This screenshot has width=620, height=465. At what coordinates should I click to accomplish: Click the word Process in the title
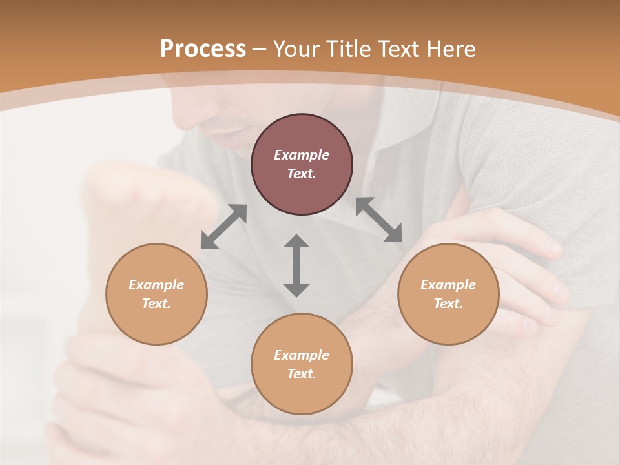(x=203, y=48)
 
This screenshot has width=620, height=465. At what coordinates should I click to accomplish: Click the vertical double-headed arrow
(x=296, y=265)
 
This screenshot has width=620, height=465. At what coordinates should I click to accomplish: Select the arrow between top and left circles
(x=224, y=227)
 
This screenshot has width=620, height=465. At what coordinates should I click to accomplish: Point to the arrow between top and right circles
(x=378, y=220)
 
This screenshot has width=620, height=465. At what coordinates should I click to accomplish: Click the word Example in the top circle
(x=302, y=155)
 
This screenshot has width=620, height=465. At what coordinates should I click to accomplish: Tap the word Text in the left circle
(x=156, y=304)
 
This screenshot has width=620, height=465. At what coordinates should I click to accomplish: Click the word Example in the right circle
(x=448, y=285)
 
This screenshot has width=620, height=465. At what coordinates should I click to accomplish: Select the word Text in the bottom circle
(x=302, y=374)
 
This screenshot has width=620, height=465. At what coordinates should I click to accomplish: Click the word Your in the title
(x=298, y=48)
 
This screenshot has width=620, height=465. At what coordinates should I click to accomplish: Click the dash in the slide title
(x=260, y=49)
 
